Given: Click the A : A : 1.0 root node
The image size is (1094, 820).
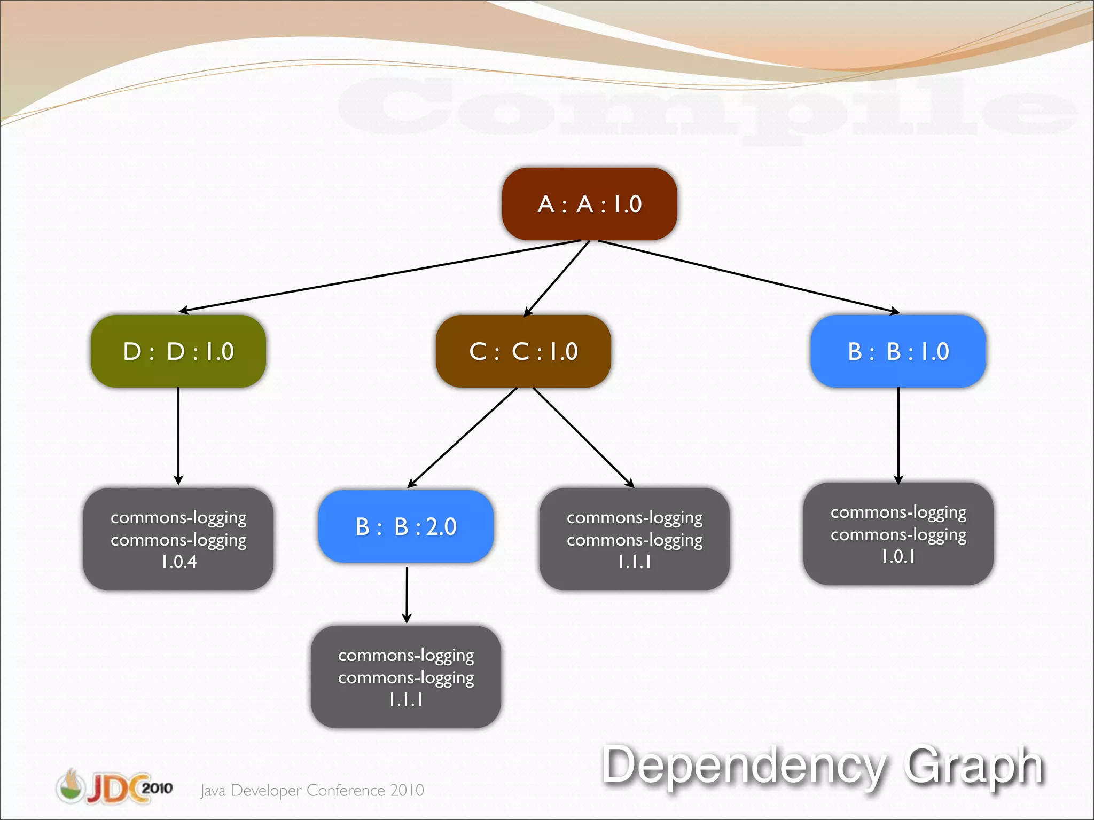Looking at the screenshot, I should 589,204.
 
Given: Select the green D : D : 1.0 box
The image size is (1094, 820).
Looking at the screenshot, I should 178,351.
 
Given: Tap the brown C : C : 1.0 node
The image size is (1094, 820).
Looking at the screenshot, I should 523,351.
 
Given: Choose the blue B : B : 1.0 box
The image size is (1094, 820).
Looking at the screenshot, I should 898,351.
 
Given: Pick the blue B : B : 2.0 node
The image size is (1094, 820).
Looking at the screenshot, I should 406,526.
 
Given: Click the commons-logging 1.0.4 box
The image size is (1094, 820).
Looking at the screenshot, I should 178,539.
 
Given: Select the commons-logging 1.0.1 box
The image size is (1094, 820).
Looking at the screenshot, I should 898,534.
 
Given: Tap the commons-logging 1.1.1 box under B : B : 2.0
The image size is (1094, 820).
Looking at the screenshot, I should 406,677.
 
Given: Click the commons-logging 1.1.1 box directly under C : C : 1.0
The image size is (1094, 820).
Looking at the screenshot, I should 634,539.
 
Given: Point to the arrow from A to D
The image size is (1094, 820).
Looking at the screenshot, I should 379,275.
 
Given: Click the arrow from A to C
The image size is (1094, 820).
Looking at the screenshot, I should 557,279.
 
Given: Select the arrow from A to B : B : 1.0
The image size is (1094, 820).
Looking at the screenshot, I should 748,276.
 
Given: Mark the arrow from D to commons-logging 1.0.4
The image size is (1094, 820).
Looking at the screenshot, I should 178,435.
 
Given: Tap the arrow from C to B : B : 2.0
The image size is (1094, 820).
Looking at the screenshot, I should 463,437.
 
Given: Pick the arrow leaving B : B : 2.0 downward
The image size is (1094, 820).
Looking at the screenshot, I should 407,594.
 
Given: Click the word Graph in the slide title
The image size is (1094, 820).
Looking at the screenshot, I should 973,766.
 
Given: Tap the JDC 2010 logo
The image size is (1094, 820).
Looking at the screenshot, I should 114,787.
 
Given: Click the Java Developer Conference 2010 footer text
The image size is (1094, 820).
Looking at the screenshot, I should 312,790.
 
